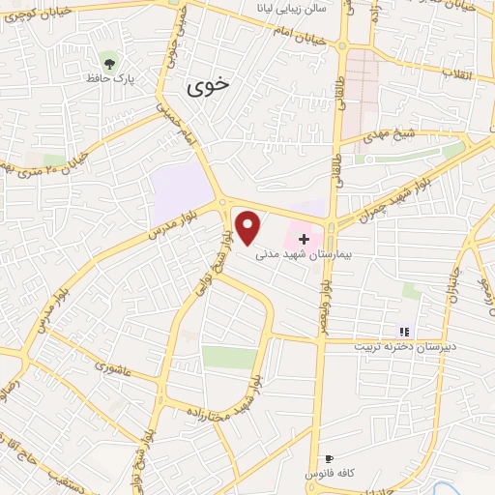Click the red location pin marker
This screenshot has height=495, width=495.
[249, 228]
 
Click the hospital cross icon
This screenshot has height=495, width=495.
[305, 238]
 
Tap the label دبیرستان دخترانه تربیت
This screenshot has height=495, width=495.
[404, 345]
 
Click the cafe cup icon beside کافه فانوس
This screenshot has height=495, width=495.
[330, 458]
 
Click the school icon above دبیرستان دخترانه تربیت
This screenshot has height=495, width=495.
[404, 332]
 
